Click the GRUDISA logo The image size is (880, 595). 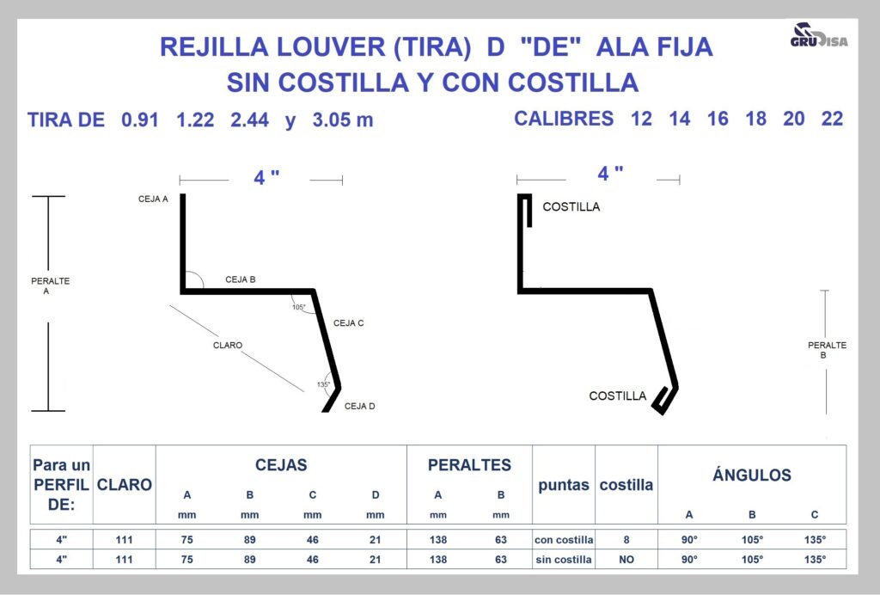819,35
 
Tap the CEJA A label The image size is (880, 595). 153,199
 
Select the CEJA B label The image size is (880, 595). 241,279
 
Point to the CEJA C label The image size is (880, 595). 349,323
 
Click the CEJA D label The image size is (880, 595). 360,407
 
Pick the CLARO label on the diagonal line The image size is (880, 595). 228,345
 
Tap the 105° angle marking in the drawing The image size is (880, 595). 299,308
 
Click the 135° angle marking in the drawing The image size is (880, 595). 324,384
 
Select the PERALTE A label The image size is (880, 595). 50,285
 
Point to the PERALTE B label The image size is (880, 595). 827,350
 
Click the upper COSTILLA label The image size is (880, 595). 571,207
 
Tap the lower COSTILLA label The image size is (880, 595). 618,396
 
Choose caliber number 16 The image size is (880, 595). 718,119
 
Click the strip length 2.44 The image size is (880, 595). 250,120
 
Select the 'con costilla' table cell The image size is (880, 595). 564,540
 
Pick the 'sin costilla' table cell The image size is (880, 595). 564,560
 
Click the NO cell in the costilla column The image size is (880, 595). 626,560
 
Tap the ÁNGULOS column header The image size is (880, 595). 752,475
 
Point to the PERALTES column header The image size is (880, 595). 470,465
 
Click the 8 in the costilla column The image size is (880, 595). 626,540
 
